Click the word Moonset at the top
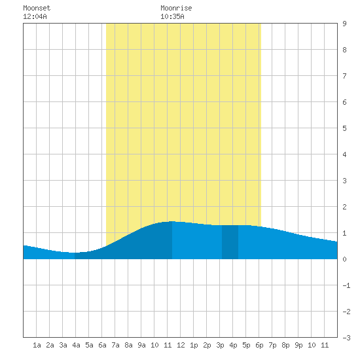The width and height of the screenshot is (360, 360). (x=37, y=8)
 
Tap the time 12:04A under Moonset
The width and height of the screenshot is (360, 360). (x=35, y=16)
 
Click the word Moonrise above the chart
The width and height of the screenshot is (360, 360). (x=176, y=8)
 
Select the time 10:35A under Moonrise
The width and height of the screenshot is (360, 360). (x=172, y=16)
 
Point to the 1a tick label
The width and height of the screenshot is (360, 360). (x=37, y=345)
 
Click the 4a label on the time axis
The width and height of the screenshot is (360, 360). (x=76, y=345)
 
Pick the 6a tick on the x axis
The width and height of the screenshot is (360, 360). (x=102, y=345)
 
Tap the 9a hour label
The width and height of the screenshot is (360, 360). (x=141, y=345)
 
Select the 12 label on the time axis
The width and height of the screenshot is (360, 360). (x=181, y=345)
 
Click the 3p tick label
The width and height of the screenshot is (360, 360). (x=220, y=345)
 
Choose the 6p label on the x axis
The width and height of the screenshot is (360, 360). (x=259, y=345)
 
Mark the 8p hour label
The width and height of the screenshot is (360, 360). (x=285, y=345)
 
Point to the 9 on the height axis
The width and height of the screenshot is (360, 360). (x=344, y=24)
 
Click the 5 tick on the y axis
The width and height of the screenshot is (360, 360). (x=344, y=128)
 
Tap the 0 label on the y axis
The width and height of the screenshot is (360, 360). (x=344, y=259)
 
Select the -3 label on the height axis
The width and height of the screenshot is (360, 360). (x=346, y=338)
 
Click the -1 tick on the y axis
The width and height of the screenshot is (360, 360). (x=346, y=285)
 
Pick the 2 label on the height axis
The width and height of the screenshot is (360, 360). (x=344, y=207)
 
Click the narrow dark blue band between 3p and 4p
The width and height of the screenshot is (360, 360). (x=230, y=242)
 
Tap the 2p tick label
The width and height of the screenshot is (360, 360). (x=207, y=345)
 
